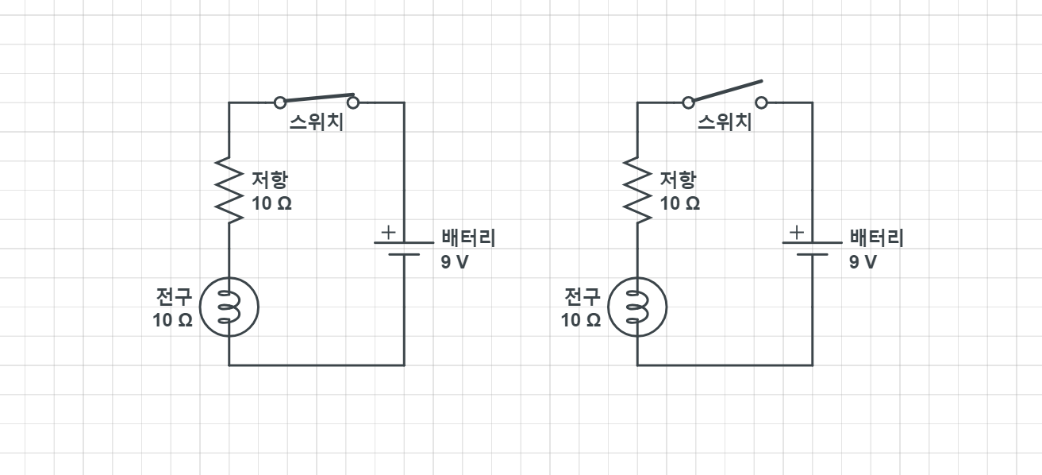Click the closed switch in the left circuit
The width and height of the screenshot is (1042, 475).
(x=316, y=99)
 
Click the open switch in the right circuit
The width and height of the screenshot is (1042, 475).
(x=725, y=91)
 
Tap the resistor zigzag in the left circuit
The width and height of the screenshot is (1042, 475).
(x=229, y=191)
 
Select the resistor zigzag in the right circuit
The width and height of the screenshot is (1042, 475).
(x=637, y=191)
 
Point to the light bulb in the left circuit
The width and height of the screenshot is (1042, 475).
(x=229, y=306)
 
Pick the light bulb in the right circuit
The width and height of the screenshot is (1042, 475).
(x=637, y=306)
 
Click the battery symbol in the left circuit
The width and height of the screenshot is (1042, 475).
(x=404, y=248)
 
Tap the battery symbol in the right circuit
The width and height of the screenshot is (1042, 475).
(x=812, y=248)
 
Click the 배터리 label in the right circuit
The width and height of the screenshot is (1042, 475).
(x=876, y=237)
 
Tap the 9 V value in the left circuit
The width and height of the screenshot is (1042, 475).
(x=455, y=262)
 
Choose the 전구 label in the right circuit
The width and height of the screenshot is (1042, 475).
(x=581, y=297)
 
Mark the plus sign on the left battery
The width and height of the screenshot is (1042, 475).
(x=387, y=233)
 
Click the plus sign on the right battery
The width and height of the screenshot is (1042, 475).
(x=796, y=233)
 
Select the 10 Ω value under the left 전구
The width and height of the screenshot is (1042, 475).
(x=173, y=321)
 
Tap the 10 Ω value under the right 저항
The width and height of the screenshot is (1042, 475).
(x=680, y=203)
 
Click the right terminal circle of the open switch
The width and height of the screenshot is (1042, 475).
(x=762, y=102)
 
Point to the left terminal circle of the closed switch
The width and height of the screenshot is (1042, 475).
(x=279, y=102)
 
